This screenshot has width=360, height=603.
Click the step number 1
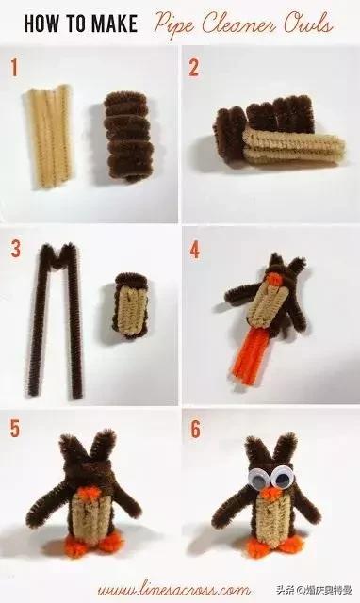tap(14, 68)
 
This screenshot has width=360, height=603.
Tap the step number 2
tap(193, 68)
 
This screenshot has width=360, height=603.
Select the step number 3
tap(15, 249)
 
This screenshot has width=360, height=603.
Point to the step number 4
tap(195, 251)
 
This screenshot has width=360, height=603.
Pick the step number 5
tap(15, 429)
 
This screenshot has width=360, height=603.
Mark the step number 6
tap(195, 430)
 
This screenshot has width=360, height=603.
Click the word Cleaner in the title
tap(239, 24)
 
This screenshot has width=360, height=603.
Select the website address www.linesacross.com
tap(173, 589)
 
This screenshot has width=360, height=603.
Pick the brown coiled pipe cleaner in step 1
tap(126, 136)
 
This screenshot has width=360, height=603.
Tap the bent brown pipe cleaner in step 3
tap(57, 320)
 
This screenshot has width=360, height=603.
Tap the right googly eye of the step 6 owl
tap(283, 478)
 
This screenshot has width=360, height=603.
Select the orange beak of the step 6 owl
tap(271, 494)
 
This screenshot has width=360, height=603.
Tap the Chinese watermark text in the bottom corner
tap(313, 590)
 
